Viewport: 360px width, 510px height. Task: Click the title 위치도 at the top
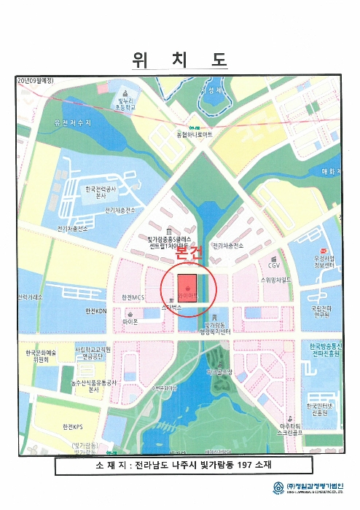point(179,60)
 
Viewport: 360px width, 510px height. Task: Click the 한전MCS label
point(134,297)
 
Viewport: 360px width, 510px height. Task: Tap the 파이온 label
point(130,321)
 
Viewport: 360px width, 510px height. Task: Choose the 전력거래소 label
point(31,297)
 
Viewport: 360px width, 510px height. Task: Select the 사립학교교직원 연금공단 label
point(93,353)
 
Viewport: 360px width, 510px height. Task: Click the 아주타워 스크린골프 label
point(290,429)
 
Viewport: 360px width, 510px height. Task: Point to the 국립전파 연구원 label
point(321,312)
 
